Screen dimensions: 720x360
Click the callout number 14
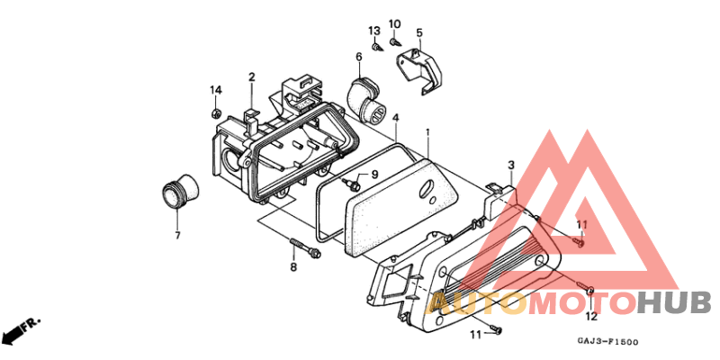point(216,90)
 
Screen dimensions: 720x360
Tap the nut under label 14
point(215,112)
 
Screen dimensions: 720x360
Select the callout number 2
point(252,77)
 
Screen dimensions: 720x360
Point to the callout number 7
point(177,236)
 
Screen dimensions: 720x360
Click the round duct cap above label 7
point(182,192)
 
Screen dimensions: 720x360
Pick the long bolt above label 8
point(303,247)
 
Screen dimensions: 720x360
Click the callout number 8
point(293,266)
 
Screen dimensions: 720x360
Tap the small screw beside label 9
point(353,184)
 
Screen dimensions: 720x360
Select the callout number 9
point(374,175)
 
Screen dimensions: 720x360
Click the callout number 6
point(358,57)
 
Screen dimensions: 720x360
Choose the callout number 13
point(374,31)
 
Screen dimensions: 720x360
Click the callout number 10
point(394,24)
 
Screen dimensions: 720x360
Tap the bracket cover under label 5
point(420,70)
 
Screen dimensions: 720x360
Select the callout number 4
point(395,118)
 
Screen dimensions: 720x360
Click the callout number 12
point(591,316)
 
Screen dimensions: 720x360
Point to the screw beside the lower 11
point(496,328)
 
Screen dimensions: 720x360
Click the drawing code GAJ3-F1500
point(607,342)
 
